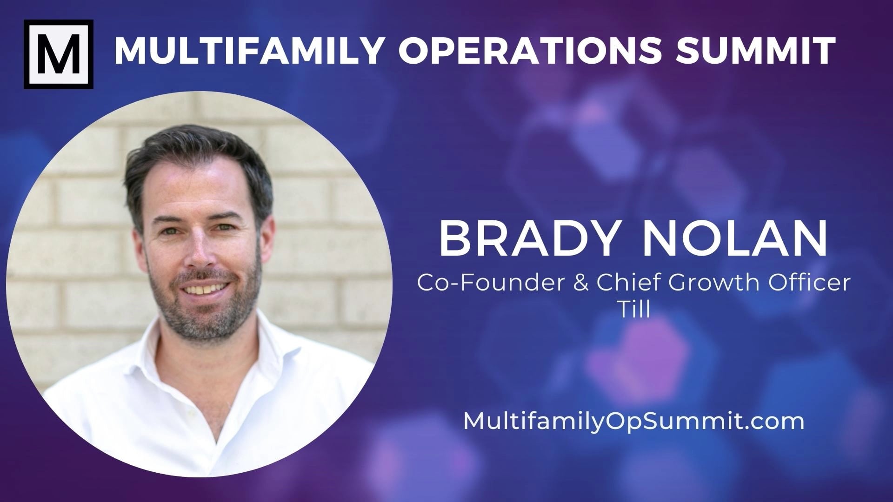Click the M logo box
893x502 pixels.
click(x=59, y=54)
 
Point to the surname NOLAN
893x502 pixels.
click(x=735, y=240)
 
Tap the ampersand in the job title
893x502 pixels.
click(x=581, y=283)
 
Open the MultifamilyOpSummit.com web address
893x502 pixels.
click(x=633, y=421)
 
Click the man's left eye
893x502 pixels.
click(x=227, y=227)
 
